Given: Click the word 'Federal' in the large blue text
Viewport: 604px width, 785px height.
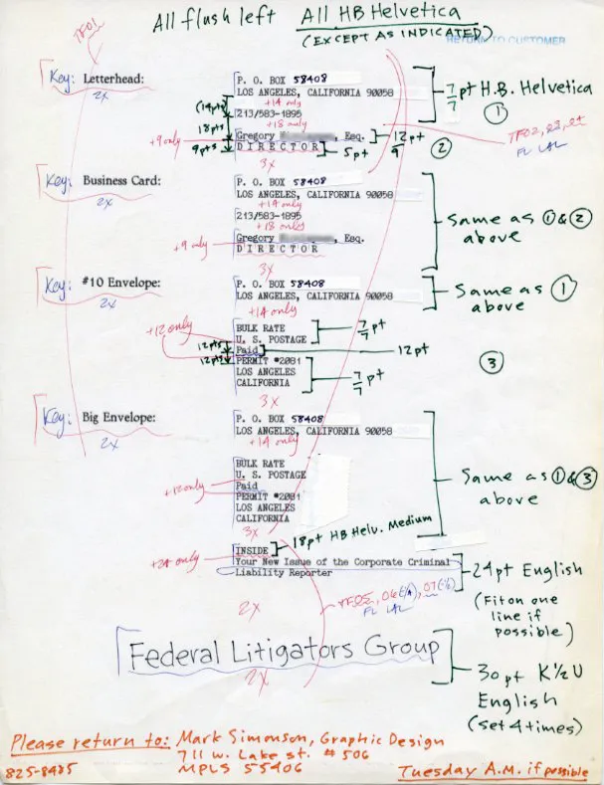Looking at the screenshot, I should click(x=179, y=655).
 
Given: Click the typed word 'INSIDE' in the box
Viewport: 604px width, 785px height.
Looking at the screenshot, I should click(x=251, y=549).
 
